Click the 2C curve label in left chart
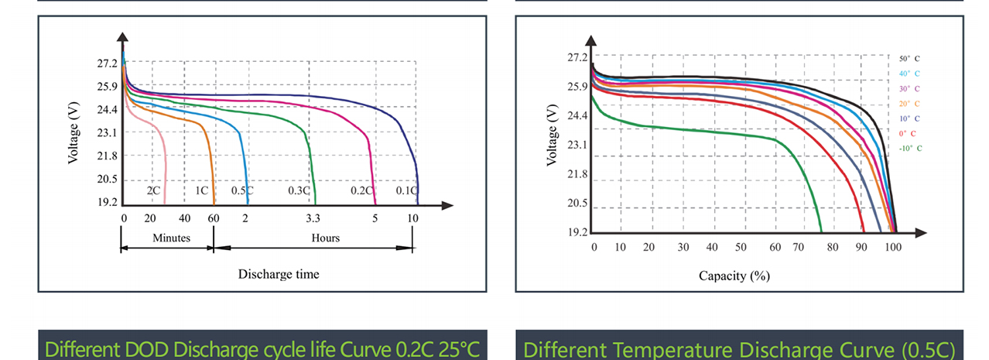pyautogui.click(x=153, y=190)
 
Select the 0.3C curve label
pyautogui.click(x=299, y=190)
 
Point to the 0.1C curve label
pyautogui.click(x=406, y=190)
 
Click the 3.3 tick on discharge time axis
pyautogui.click(x=313, y=218)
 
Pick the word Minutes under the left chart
pyautogui.click(x=171, y=238)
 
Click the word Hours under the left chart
pyautogui.click(x=326, y=238)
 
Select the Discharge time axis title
pyautogui.click(x=279, y=274)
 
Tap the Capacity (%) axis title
pyautogui.click(x=734, y=276)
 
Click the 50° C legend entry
pyautogui.click(x=909, y=59)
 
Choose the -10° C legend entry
pyautogui.click(x=910, y=148)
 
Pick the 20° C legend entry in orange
pyautogui.click(x=909, y=104)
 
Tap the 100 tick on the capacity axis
pyautogui.click(x=893, y=247)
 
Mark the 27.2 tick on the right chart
pyautogui.click(x=577, y=58)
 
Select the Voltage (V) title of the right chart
pyautogui.click(x=552, y=135)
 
